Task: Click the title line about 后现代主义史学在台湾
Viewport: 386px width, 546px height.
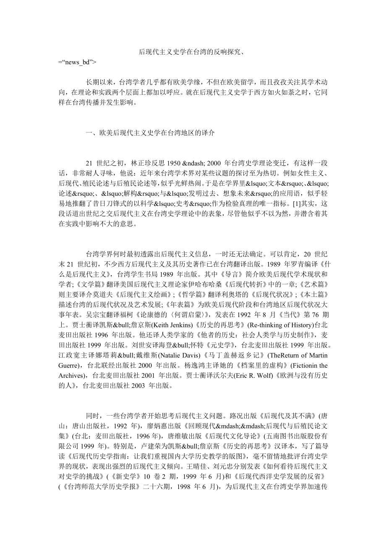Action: (x=192, y=52)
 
